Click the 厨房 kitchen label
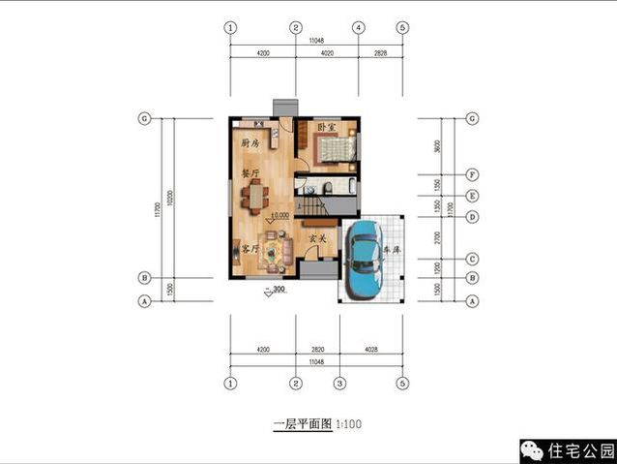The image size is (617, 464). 250,143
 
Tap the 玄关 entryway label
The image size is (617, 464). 317,237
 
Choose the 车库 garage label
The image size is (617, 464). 393,249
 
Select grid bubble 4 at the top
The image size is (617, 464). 358,27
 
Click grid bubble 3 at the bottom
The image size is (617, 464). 339,382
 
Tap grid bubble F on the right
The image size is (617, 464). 473,175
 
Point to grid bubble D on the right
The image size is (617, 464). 473,216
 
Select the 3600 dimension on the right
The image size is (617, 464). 437,146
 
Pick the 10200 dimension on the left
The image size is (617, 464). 171,200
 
